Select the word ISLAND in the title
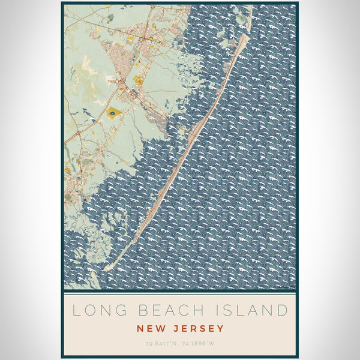point(250,310)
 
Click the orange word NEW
point(149,328)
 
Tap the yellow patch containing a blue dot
point(112,112)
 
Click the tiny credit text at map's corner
point(287,287)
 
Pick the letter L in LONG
point(75,310)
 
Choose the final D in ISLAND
point(283,310)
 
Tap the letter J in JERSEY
point(172,328)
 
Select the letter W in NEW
point(160,328)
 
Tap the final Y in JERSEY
point(221,328)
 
